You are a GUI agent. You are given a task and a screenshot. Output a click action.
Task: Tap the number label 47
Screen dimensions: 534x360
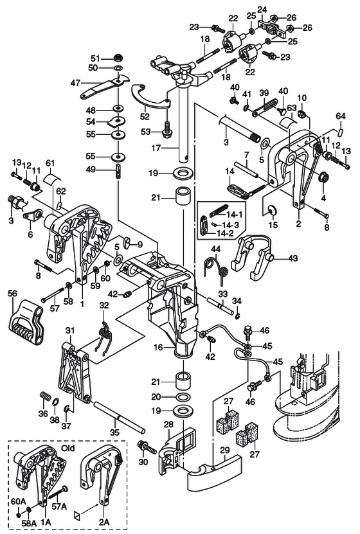click(75, 82)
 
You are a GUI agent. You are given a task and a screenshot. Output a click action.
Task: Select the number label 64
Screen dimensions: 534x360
click(340, 116)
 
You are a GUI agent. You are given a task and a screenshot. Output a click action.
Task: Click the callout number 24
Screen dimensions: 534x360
click(262, 9)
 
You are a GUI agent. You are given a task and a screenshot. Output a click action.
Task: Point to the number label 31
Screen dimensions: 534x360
click(70, 330)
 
